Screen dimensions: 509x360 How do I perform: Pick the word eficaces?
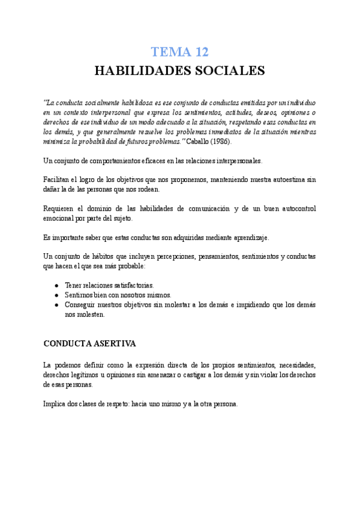154,161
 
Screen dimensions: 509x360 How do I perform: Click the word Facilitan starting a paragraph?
57,179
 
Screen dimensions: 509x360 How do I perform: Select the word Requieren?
60,208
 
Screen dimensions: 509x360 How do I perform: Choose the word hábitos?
104,256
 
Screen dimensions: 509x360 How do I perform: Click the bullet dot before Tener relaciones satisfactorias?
56,285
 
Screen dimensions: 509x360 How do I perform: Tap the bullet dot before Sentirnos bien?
56,295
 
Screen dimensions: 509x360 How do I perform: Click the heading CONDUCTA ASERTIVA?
90,344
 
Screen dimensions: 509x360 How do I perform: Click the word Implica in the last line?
56,404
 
